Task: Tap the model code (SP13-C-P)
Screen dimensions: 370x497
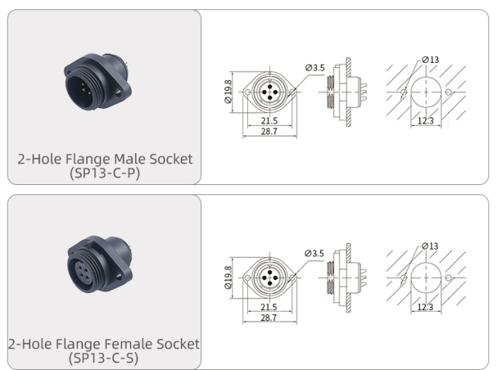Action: click(105, 173)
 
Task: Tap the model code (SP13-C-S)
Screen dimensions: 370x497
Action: click(105, 358)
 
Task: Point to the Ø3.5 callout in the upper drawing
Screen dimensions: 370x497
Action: click(315, 68)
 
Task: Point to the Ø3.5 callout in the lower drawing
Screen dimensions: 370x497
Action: click(315, 253)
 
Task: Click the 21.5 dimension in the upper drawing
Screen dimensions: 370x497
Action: click(269, 121)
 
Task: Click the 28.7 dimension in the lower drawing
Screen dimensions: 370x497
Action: click(269, 318)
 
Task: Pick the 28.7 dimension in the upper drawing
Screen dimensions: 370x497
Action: click(269, 132)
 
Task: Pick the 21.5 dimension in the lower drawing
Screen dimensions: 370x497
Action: click(269, 307)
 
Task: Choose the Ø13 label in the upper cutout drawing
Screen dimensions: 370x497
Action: click(430, 60)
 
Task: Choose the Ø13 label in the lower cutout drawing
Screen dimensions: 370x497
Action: click(430, 246)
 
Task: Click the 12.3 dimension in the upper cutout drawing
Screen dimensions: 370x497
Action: click(425, 121)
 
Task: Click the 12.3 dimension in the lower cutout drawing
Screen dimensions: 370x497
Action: click(425, 307)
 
